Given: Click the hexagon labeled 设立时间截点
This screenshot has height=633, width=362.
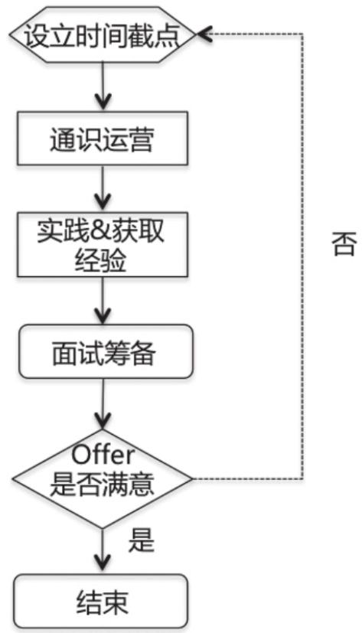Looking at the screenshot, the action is coord(103,35).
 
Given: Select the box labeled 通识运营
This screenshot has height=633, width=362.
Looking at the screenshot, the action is coord(103,139).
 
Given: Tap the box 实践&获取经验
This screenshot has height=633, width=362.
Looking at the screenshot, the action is coord(103,244).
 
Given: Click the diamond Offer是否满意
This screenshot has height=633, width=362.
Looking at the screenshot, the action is coord(103,479).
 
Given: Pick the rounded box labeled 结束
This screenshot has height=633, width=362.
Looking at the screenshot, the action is coord(102,602).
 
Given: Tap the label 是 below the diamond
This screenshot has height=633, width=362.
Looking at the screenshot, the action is coord(142,540).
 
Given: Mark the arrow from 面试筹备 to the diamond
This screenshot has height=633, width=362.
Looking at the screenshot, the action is coord(103,404).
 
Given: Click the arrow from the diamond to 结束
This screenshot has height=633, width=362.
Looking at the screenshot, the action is coord(103,551).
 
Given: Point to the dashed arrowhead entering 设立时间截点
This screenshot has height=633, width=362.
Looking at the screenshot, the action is coord(204,34).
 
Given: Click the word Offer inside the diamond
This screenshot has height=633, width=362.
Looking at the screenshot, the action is coord(103,455).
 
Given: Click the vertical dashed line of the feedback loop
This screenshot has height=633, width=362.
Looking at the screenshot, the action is coord(302,256).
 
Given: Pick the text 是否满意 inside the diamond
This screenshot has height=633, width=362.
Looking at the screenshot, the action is coord(102,484).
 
